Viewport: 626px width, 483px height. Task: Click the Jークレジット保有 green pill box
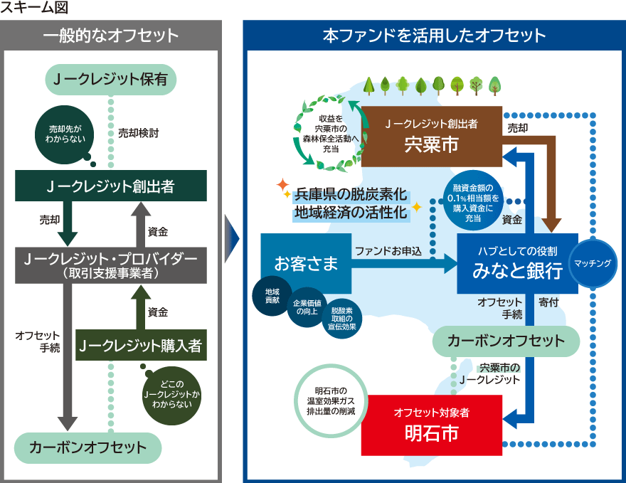point(110,80)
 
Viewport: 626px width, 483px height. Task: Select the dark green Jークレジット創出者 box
point(110,186)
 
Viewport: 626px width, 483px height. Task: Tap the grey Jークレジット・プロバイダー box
point(110,263)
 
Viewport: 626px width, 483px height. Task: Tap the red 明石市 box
point(431,425)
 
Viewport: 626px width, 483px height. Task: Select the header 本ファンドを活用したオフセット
point(434,35)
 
